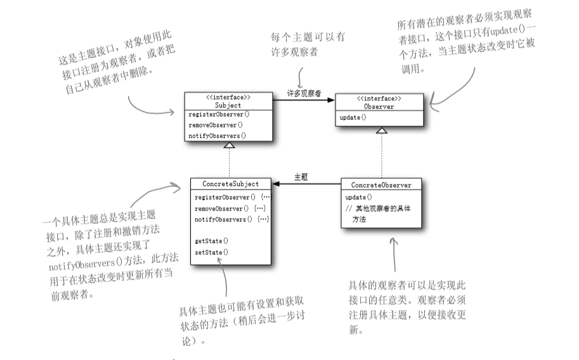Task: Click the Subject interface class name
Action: [x=228, y=105]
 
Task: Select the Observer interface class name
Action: [x=379, y=107]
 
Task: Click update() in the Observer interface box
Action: [x=353, y=119]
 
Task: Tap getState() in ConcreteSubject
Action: [x=212, y=241]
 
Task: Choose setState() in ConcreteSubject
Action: [x=212, y=252]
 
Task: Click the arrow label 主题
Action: [x=301, y=177]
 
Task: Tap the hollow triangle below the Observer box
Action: [x=381, y=129]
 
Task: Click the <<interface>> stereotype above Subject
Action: [x=228, y=98]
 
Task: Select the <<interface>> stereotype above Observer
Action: [x=380, y=100]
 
